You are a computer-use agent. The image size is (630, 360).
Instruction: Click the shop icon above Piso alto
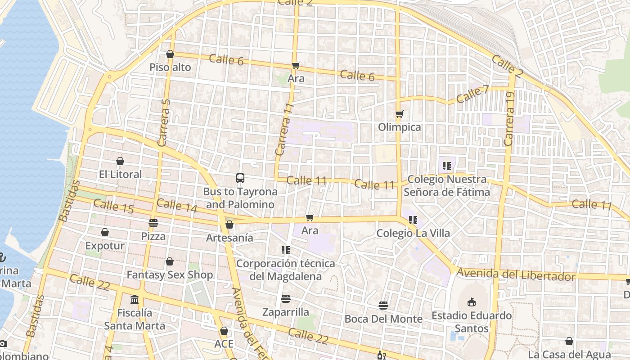click(170, 54)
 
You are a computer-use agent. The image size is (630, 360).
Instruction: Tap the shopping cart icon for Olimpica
click(399, 114)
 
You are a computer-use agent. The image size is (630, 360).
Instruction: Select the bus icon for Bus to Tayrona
click(240, 178)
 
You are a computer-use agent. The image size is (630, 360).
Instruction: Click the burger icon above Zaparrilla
click(285, 298)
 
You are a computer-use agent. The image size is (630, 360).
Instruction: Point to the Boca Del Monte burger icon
click(383, 306)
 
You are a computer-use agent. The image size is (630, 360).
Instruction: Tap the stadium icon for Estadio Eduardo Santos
click(472, 302)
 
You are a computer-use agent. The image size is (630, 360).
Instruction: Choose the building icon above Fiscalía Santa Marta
click(135, 299)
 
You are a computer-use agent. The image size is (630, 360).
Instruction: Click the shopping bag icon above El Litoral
click(120, 161)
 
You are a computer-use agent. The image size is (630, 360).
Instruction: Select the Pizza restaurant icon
click(153, 223)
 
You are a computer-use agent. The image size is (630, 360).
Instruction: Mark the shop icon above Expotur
click(105, 232)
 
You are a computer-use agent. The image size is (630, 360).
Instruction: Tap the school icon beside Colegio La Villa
click(413, 220)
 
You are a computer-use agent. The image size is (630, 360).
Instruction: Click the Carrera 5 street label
click(164, 122)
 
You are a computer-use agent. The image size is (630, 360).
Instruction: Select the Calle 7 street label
click(472, 94)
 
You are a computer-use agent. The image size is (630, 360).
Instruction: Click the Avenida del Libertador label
click(516, 274)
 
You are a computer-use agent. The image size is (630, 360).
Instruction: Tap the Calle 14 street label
click(177, 205)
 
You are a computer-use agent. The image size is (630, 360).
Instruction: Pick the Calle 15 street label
click(113, 207)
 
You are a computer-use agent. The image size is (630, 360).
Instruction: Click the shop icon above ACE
click(224, 331)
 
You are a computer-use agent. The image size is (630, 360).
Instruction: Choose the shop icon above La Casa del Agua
click(569, 341)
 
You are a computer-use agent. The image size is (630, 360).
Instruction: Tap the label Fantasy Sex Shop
click(170, 274)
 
